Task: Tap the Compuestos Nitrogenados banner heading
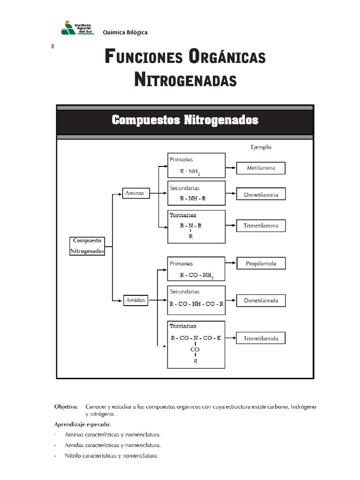click(x=185, y=120)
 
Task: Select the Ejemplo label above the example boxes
click(x=261, y=147)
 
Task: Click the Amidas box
click(x=135, y=300)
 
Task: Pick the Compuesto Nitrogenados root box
click(x=87, y=246)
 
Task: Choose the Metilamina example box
click(x=261, y=167)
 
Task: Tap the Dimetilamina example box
click(x=261, y=194)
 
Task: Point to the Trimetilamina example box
click(x=261, y=225)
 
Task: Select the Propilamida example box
click(x=261, y=263)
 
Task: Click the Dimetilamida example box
click(x=261, y=300)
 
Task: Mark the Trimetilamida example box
click(x=261, y=338)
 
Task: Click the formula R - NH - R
click(x=193, y=198)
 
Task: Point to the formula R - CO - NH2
click(x=196, y=276)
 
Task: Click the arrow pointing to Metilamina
click(x=231, y=167)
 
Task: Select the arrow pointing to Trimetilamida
click(x=231, y=338)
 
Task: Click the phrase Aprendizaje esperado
click(x=82, y=425)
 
